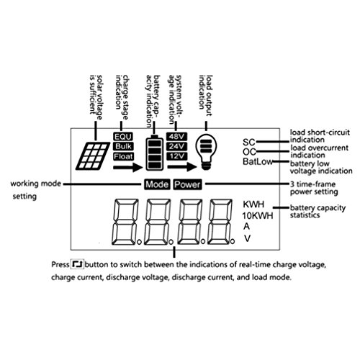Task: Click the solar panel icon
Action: pos(91,156)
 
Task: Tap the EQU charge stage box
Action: pos(123,137)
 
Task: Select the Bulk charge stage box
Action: pos(123,146)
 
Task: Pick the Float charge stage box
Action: pos(123,156)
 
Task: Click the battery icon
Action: pos(155,153)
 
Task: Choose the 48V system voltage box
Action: pos(177,137)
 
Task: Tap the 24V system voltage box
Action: pos(177,146)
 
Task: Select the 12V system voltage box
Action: pos(177,156)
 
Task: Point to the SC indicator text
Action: pos(248,142)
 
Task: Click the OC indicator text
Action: pos(249,152)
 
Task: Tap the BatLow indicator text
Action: pos(258,161)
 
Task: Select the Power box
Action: pos(187,184)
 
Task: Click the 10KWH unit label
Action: pos(258,216)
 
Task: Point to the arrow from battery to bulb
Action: pos(182,166)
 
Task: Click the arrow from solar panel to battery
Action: pos(127,167)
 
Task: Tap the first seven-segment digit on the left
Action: pos(125,222)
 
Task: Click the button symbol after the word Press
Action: pos(77,264)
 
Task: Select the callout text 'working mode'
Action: pos(36,184)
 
